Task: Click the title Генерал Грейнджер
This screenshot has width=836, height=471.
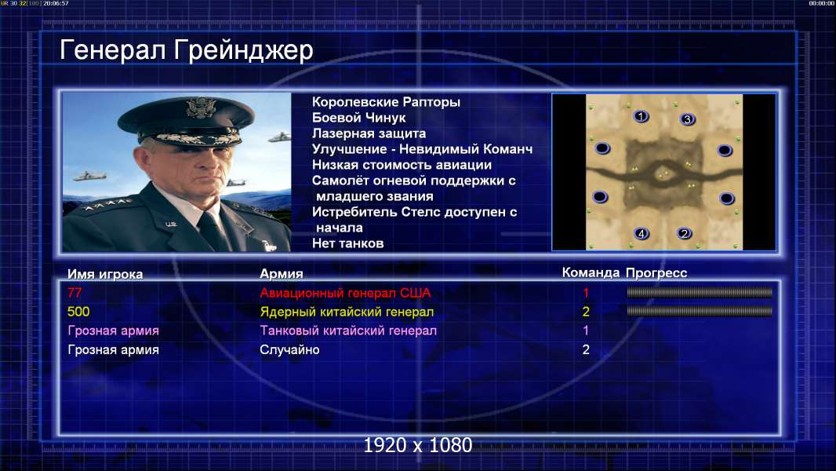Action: point(186,51)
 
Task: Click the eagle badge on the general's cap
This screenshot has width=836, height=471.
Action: point(201,108)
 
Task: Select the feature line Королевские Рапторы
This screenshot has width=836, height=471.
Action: point(386,102)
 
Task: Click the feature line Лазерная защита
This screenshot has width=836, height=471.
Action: point(369,133)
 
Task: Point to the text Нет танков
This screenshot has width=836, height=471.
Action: point(347,244)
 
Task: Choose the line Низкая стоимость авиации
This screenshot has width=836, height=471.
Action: point(402,165)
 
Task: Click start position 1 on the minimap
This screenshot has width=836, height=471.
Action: point(641,115)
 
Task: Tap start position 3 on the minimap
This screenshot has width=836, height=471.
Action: point(688,119)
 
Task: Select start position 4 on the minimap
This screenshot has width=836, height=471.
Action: point(642,233)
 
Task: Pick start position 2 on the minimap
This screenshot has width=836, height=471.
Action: point(684,233)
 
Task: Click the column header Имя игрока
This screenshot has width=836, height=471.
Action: point(105,274)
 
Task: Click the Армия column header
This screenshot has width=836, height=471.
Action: point(282,274)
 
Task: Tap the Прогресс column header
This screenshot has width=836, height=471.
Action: point(656,273)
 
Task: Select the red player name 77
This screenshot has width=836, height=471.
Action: point(75,293)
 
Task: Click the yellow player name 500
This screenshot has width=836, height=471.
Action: point(78,312)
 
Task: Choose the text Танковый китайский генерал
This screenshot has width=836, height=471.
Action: point(348,330)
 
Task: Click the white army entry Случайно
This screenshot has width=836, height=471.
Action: point(289,350)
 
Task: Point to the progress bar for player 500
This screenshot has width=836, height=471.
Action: point(700,311)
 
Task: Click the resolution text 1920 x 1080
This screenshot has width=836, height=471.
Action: point(418,445)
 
